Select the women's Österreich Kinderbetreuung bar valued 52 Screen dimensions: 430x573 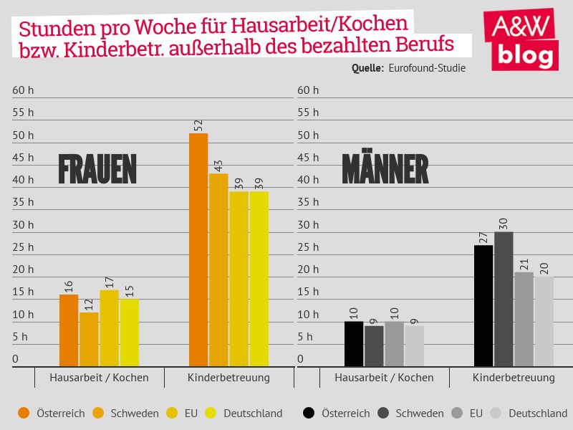click(198, 249)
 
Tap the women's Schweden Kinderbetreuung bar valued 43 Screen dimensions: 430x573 click(218, 269)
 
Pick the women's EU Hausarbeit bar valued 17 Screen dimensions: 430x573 click(110, 328)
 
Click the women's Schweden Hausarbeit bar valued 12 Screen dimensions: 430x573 click(90, 339)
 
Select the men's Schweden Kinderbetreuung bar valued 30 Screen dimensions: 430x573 click(504, 299)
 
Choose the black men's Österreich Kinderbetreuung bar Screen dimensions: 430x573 click(483, 305)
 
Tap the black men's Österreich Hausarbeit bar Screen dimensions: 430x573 click(354, 344)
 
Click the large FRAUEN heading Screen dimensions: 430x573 click(97, 170)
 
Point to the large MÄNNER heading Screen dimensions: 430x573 click(385, 170)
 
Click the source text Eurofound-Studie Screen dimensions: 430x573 click(427, 69)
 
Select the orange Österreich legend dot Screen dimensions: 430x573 click(24, 413)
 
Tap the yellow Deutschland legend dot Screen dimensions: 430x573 click(211, 413)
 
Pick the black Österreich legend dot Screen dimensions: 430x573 click(309, 413)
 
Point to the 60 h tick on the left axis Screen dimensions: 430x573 click(23, 90)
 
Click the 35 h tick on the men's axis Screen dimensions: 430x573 click(308, 202)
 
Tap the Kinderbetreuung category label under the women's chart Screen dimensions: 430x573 click(228, 377)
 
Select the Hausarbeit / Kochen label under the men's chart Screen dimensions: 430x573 click(384, 377)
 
